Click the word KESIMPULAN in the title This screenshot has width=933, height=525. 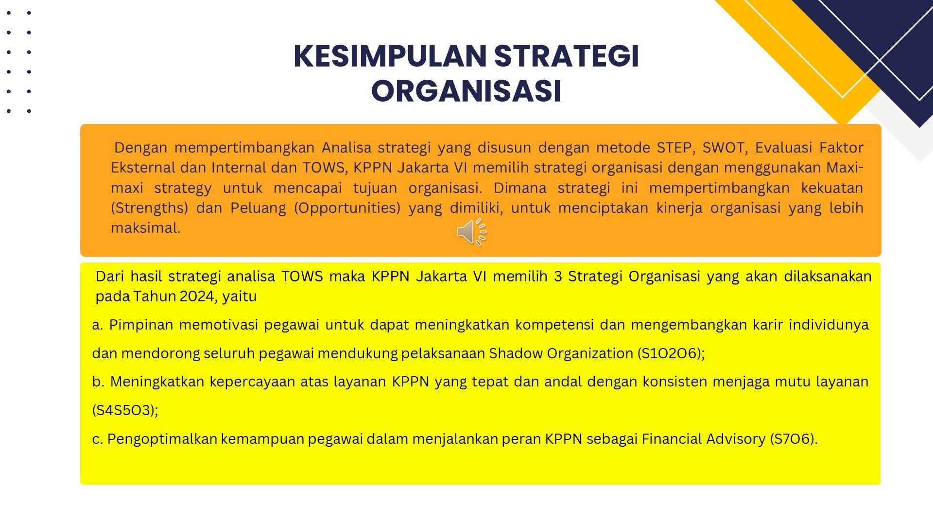(390, 56)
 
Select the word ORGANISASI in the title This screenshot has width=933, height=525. (466, 91)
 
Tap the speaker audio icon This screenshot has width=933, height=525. (472, 232)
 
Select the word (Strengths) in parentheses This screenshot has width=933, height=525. (149, 208)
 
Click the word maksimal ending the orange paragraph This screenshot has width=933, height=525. (145, 227)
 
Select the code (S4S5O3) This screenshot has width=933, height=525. (125, 410)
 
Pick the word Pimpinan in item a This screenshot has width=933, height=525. (141, 325)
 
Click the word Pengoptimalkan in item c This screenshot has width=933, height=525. (162, 439)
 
